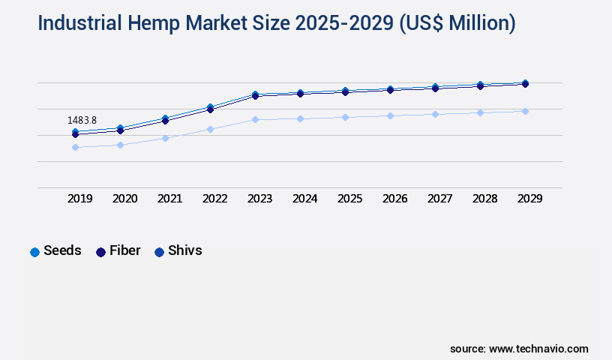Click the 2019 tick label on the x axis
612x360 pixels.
pyautogui.click(x=80, y=199)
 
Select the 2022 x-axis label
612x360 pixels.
pyautogui.click(x=215, y=199)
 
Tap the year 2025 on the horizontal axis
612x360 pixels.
pyautogui.click(x=350, y=199)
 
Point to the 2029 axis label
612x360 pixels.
pyautogui.click(x=529, y=199)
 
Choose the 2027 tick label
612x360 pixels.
pyautogui.click(x=440, y=199)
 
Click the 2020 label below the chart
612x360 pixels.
pyautogui.click(x=125, y=199)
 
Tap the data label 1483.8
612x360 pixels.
pyautogui.click(x=82, y=120)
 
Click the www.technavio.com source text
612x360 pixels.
pyautogui.click(x=538, y=349)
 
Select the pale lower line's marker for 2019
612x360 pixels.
pyautogui.click(x=75, y=147)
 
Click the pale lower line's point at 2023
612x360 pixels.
pyautogui.click(x=255, y=119)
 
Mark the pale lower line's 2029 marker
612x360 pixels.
pyautogui.click(x=525, y=111)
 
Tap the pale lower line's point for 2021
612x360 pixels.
pyautogui.click(x=165, y=138)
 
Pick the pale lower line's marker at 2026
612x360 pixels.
pyautogui.click(x=390, y=115)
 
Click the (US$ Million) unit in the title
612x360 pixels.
pyautogui.click(x=458, y=23)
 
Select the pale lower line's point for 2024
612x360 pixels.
pyautogui.click(x=300, y=118)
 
